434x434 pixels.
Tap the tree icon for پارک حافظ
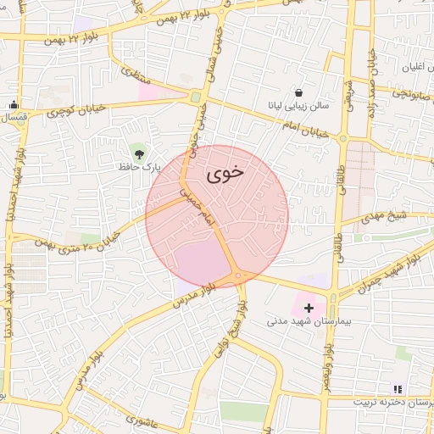136,153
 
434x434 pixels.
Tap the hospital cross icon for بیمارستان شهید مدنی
308,307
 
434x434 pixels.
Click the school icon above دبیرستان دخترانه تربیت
398,389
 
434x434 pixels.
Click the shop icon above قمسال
14,104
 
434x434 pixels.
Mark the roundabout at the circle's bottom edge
240,276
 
